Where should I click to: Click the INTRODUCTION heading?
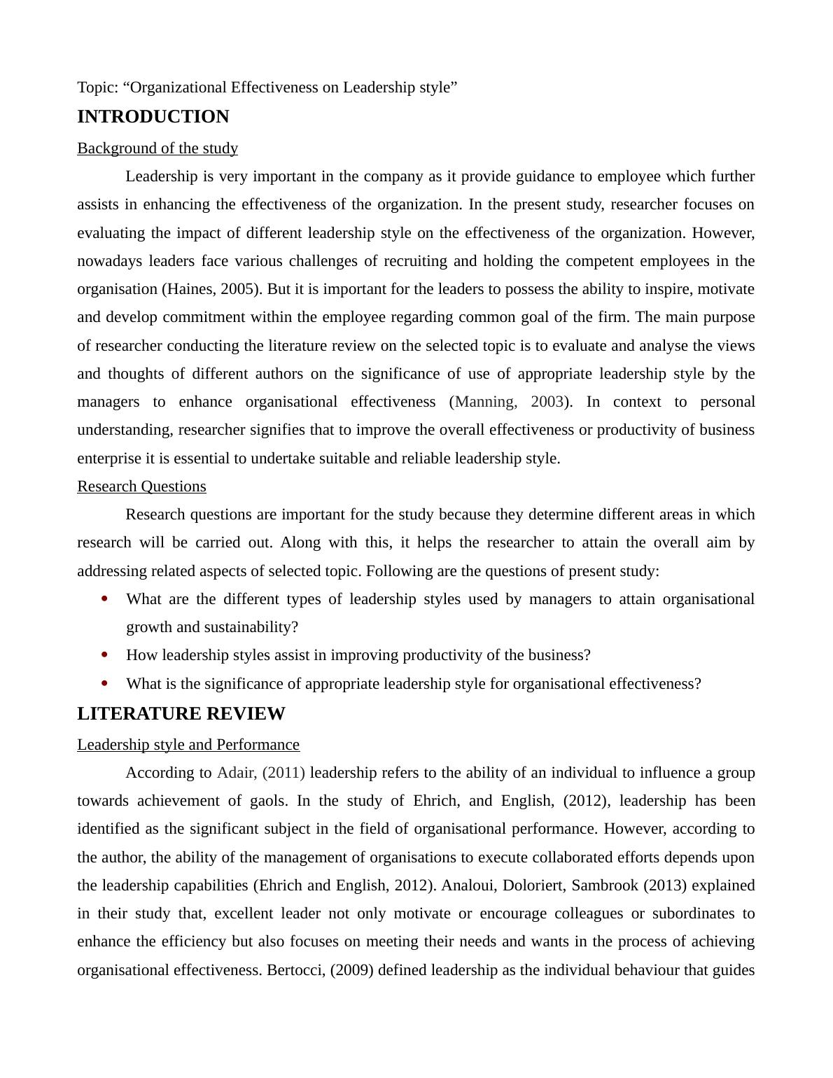153,117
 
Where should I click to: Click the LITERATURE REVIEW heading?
181,714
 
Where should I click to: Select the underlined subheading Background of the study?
157,148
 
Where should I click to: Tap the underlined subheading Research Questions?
141,486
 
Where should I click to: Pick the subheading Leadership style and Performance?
188,745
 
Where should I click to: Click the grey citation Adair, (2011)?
261,773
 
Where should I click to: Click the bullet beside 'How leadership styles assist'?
105,655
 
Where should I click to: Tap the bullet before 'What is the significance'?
105,683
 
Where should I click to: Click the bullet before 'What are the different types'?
105,599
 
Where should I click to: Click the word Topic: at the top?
97,87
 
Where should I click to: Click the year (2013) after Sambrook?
664,885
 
